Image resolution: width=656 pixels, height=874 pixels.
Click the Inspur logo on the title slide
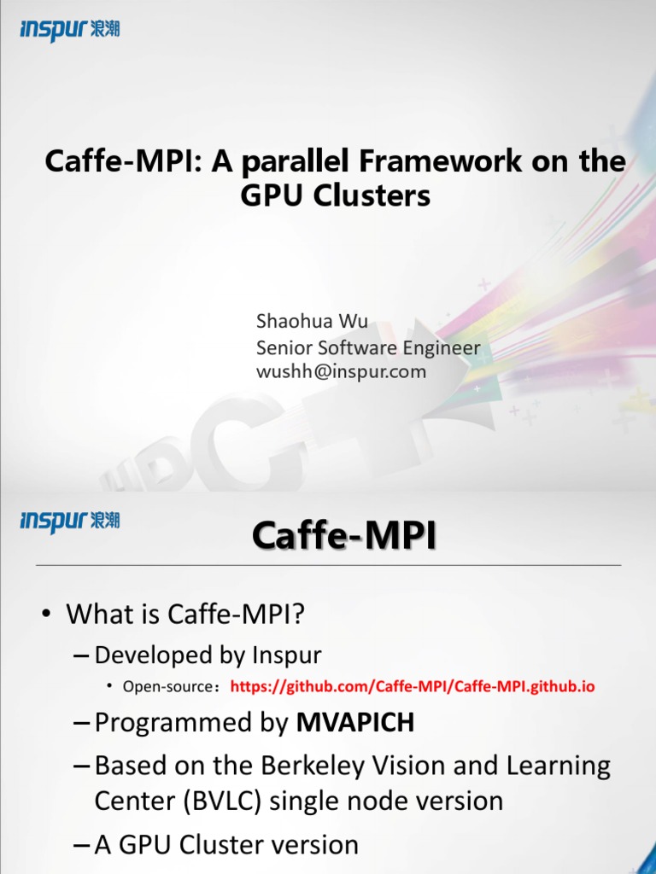tap(70, 30)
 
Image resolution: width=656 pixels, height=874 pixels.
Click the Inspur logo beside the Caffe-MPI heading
tap(70, 521)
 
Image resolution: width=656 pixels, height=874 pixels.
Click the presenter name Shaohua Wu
tap(312, 321)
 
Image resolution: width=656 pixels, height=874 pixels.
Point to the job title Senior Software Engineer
tap(368, 348)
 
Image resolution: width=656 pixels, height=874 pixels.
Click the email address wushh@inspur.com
tap(341, 371)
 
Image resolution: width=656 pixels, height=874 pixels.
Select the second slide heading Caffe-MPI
tap(343, 536)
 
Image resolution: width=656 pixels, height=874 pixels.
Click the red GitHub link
tap(413, 686)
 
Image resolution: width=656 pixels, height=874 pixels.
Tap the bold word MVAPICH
tap(354, 722)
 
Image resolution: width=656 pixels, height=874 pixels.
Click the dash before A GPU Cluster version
tap(81, 846)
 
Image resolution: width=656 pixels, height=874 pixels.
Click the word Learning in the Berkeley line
tap(558, 766)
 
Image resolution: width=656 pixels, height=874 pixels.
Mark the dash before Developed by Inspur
tap(81, 655)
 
